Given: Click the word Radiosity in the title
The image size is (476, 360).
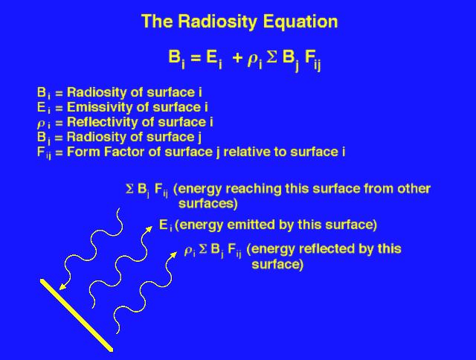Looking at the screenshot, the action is (218, 22).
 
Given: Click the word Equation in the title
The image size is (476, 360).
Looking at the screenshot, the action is (300, 22).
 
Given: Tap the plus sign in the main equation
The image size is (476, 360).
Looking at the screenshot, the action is (237, 58).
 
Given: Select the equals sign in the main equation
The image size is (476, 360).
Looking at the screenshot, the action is (196, 58).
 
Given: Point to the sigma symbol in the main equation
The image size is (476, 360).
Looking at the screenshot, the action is (272, 57).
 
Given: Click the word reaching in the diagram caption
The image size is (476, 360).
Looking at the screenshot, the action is (253, 189).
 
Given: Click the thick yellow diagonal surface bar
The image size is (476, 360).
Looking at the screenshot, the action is (77, 315).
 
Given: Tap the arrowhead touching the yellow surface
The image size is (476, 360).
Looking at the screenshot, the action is (62, 286).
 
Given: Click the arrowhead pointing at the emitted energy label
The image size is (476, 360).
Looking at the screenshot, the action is (149, 229).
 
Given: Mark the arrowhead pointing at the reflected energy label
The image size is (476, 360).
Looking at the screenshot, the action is (174, 254).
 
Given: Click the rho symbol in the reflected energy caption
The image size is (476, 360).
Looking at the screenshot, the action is (188, 251).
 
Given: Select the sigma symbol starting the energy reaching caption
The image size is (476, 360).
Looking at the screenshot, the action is (129, 189).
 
